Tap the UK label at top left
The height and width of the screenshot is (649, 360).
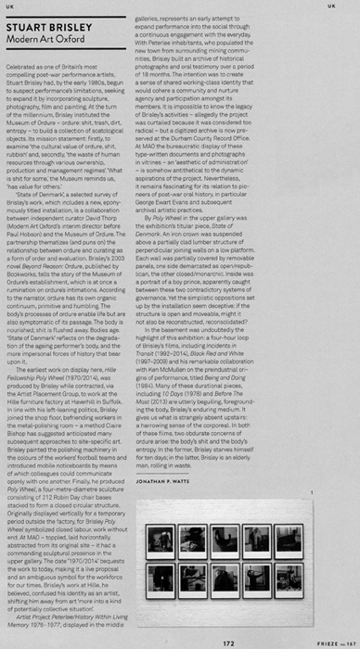click(x=9, y=6)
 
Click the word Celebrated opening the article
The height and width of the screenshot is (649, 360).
click(x=25, y=69)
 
